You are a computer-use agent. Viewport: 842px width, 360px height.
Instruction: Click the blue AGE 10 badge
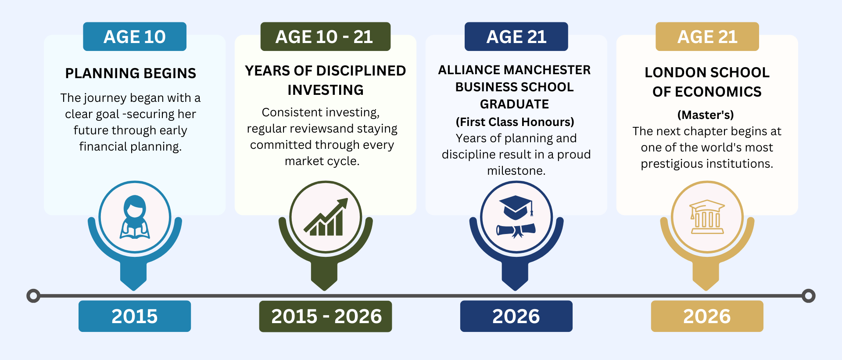(135, 36)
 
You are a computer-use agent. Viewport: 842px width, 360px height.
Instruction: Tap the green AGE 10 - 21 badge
(325, 36)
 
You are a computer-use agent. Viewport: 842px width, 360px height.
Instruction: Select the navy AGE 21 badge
(516, 36)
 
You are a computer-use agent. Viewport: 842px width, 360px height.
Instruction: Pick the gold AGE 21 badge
(707, 36)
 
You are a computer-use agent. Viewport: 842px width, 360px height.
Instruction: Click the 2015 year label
(135, 316)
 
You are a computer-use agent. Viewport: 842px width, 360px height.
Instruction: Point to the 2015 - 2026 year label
(325, 316)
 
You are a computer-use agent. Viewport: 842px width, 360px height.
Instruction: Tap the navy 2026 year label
(516, 316)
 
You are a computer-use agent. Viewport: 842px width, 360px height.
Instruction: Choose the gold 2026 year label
(707, 316)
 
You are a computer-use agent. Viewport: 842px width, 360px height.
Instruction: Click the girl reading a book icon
(135, 217)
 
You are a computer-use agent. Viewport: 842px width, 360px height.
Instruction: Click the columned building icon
(707, 217)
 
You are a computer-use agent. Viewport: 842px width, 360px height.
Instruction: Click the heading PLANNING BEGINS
(131, 73)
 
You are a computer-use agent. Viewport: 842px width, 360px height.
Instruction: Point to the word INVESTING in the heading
(326, 90)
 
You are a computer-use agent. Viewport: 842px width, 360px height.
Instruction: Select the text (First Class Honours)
(515, 122)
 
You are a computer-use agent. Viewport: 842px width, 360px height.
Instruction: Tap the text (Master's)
(706, 115)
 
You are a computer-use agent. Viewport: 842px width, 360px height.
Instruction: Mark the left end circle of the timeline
(33, 296)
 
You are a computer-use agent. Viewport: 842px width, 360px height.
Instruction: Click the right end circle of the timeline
(808, 296)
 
